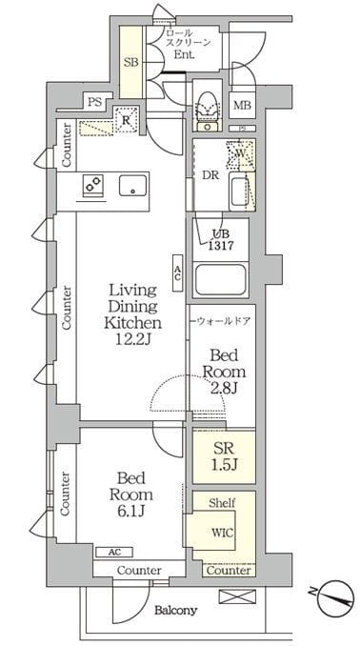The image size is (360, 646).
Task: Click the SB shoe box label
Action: (130, 63)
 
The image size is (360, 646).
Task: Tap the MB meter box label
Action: (243, 106)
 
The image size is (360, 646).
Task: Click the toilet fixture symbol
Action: (207, 106)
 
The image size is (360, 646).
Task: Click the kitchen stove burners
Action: (94, 186)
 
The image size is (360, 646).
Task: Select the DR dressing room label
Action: (210, 175)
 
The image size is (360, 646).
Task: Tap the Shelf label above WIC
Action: (222, 502)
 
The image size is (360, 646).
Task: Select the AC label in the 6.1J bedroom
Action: (113, 552)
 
